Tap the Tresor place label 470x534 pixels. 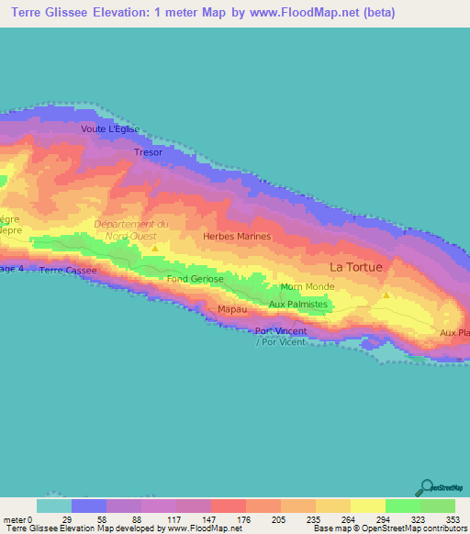pyautogui.click(x=149, y=152)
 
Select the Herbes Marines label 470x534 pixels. pyautogui.click(x=237, y=237)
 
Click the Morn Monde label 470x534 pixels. pyautogui.click(x=308, y=286)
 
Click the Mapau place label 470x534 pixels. pyautogui.click(x=230, y=309)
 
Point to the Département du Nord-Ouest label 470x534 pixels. pyautogui.click(x=131, y=229)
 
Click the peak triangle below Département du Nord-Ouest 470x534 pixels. pyautogui.click(x=155, y=248)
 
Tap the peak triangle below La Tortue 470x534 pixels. pyautogui.click(x=386, y=295)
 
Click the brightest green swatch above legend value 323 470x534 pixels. pyautogui.click(x=403, y=506)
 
